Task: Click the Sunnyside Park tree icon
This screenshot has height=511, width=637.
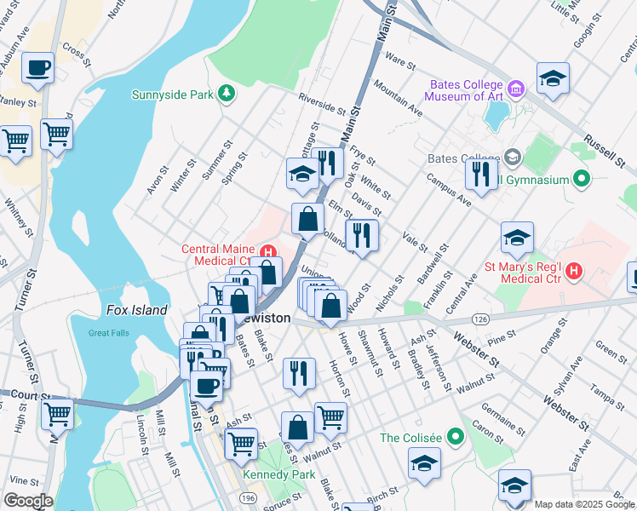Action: [226, 93]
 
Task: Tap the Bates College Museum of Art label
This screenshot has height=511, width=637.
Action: [468, 90]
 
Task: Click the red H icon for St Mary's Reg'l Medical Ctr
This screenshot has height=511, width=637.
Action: [575, 272]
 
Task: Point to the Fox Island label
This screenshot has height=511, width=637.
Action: [136, 311]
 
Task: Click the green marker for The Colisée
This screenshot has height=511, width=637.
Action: [456, 438]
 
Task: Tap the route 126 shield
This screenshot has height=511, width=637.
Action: [482, 318]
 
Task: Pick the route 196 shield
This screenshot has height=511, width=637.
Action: [248, 497]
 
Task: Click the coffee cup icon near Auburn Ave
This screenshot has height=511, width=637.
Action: [37, 68]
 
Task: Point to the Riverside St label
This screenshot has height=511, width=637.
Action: [321, 105]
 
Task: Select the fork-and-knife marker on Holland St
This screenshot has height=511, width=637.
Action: [362, 236]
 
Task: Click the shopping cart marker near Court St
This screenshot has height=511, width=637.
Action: [57, 414]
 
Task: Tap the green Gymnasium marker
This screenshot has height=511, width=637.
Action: [582, 180]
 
